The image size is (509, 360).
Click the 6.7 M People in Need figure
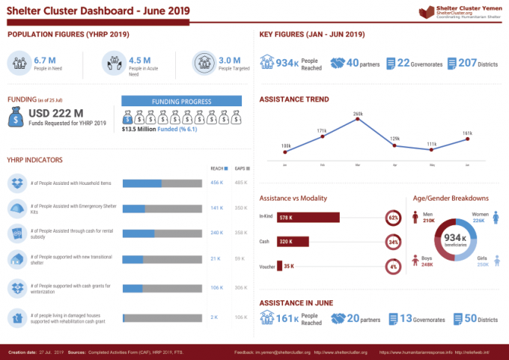click(45, 60)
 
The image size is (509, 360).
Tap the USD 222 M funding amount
click(55, 113)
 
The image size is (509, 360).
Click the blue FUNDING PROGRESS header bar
click(181, 101)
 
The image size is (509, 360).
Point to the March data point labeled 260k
click(357, 120)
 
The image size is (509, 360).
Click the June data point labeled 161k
click(467, 138)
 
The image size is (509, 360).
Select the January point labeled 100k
click(286, 152)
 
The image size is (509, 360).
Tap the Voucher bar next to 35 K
click(280, 266)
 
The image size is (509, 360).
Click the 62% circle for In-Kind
click(393, 218)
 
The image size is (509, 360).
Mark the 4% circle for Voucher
click(393, 266)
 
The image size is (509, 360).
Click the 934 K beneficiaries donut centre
click(455, 240)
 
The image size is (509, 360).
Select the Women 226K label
click(479, 218)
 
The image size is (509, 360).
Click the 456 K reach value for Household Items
click(217, 183)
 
